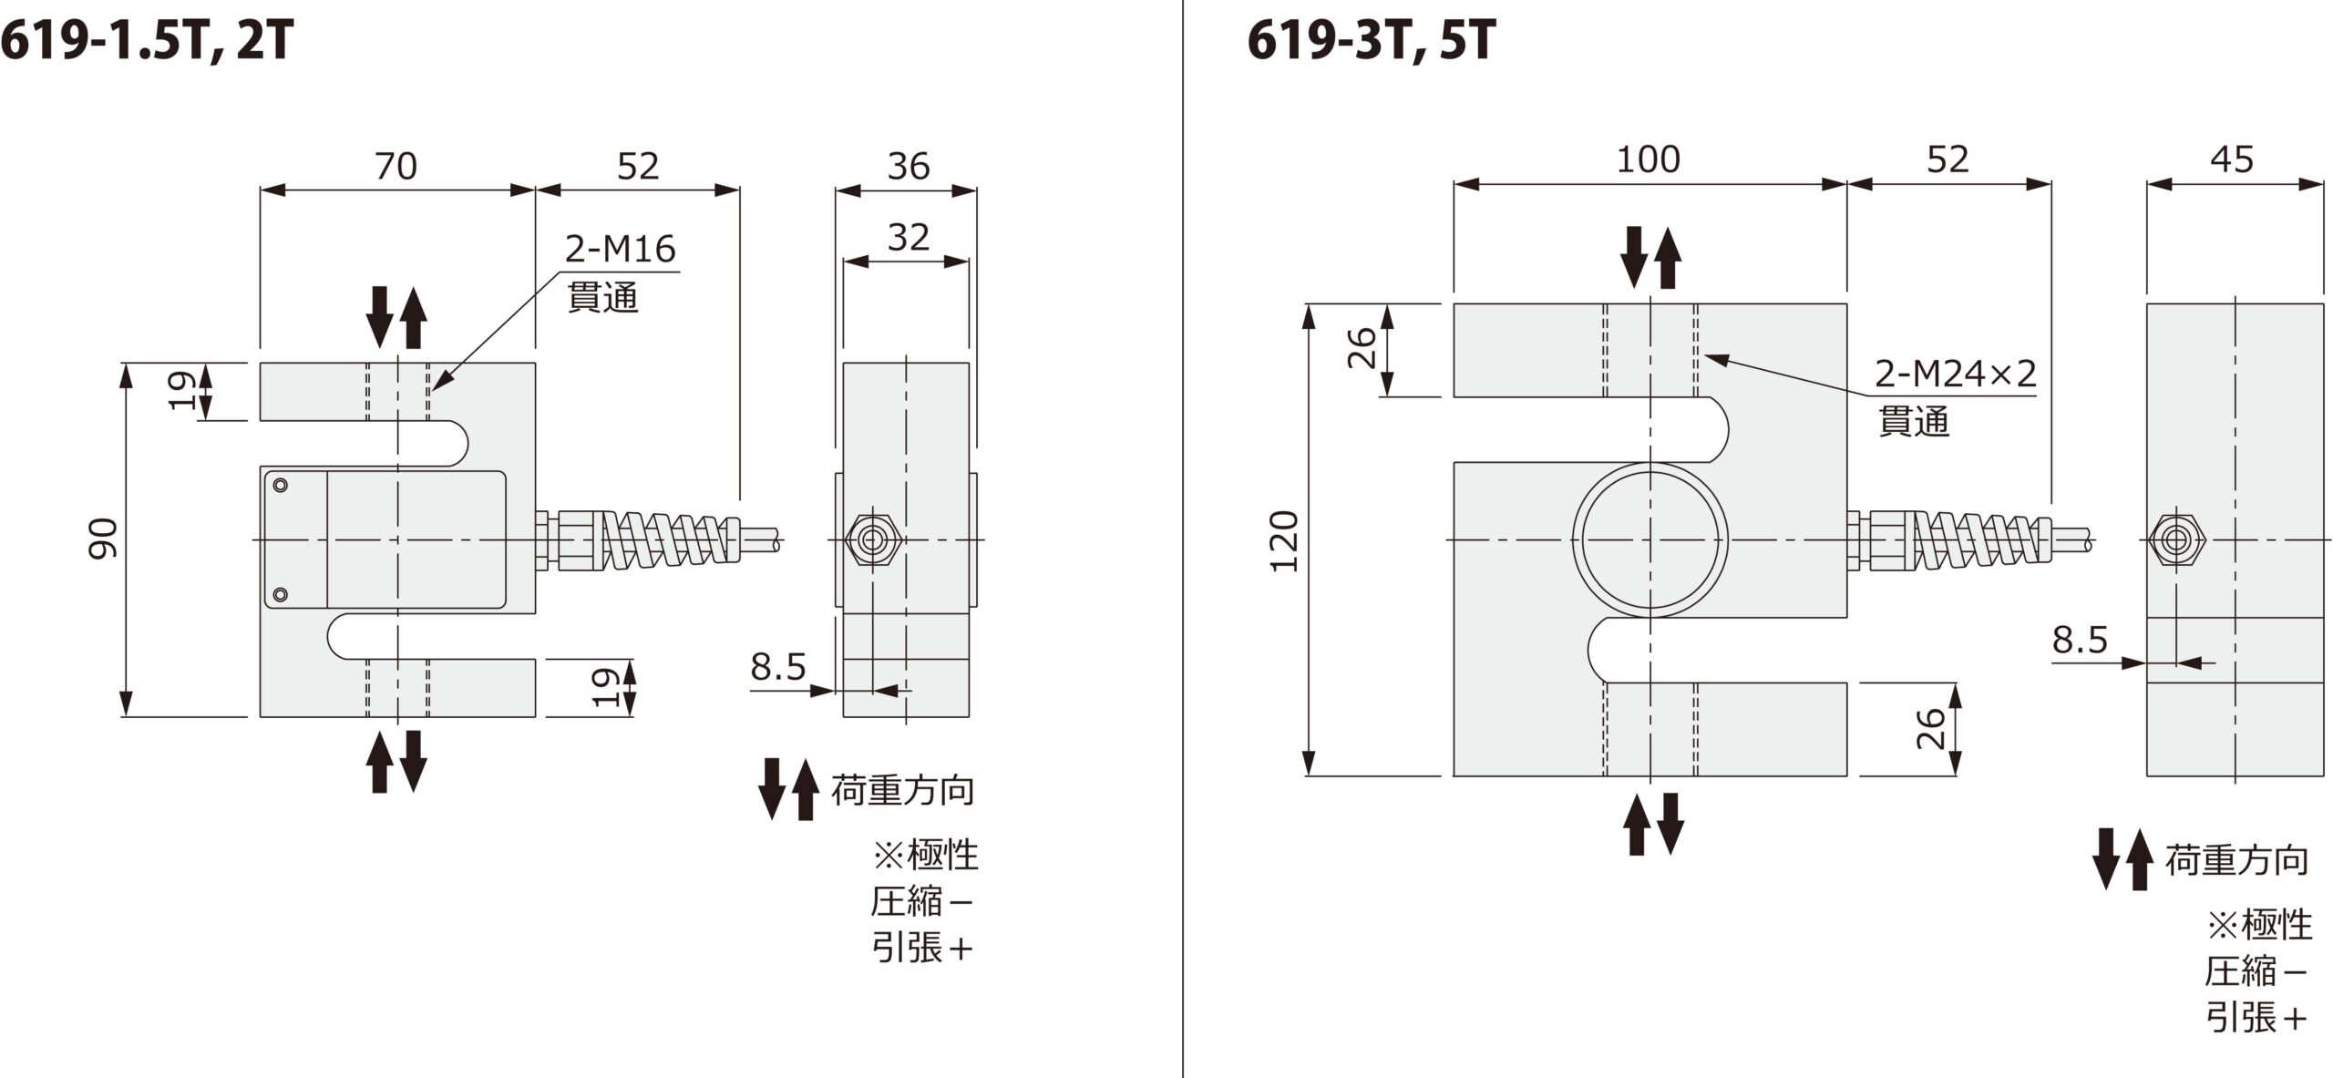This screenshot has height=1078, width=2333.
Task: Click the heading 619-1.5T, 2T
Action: click(x=148, y=42)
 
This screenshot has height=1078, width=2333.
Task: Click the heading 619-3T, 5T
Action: click(x=1371, y=42)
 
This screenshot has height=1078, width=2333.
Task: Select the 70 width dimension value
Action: click(x=396, y=167)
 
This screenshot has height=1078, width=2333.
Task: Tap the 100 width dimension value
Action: click(x=1648, y=160)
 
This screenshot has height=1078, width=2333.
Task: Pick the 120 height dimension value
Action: click(x=1284, y=541)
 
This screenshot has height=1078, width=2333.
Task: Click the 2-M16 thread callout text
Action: click(x=620, y=250)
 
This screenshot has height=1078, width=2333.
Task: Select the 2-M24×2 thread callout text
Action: click(x=1955, y=374)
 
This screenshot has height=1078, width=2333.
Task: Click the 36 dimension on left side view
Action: click(x=908, y=167)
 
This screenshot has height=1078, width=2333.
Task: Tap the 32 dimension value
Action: click(x=908, y=238)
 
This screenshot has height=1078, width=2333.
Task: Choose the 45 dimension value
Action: click(x=2232, y=160)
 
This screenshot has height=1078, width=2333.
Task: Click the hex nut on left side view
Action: click(x=873, y=540)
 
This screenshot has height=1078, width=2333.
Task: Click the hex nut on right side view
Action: click(x=2177, y=540)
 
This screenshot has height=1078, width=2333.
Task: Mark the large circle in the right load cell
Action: click(x=1650, y=539)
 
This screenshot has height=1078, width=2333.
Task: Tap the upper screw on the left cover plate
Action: click(x=281, y=485)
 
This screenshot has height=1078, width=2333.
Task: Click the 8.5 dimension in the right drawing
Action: click(x=2080, y=640)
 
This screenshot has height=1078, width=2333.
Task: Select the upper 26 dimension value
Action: click(x=1362, y=348)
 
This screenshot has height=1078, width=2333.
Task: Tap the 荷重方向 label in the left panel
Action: click(x=902, y=790)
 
